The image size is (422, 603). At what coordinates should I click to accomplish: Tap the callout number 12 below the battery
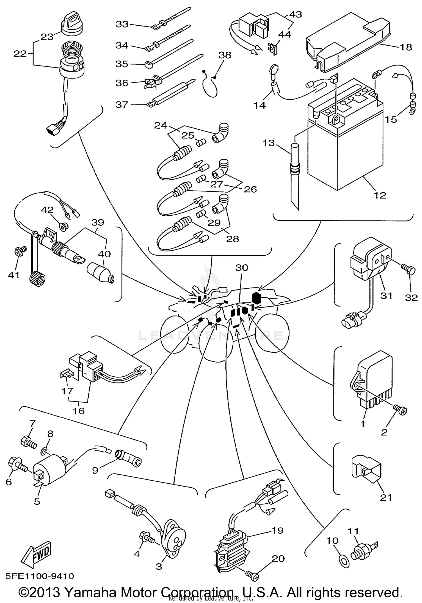click(380, 195)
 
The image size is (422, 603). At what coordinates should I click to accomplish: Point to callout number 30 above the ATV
click(242, 267)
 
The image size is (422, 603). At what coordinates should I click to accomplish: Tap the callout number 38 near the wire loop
click(225, 55)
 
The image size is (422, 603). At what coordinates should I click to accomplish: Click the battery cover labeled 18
click(349, 39)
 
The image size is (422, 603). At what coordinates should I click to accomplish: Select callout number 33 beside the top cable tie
click(122, 24)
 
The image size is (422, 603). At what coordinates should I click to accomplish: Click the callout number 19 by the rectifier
click(277, 530)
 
